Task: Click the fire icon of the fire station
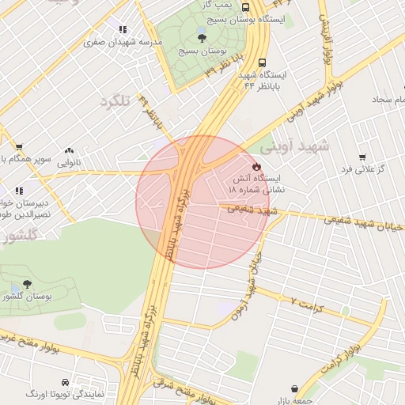(257, 166)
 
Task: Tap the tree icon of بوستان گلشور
(27, 283)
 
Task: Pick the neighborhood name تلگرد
(115, 100)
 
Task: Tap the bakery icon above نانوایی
(70, 150)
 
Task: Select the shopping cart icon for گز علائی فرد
(361, 157)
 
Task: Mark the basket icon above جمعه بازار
(296, 388)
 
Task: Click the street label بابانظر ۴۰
(150, 112)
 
